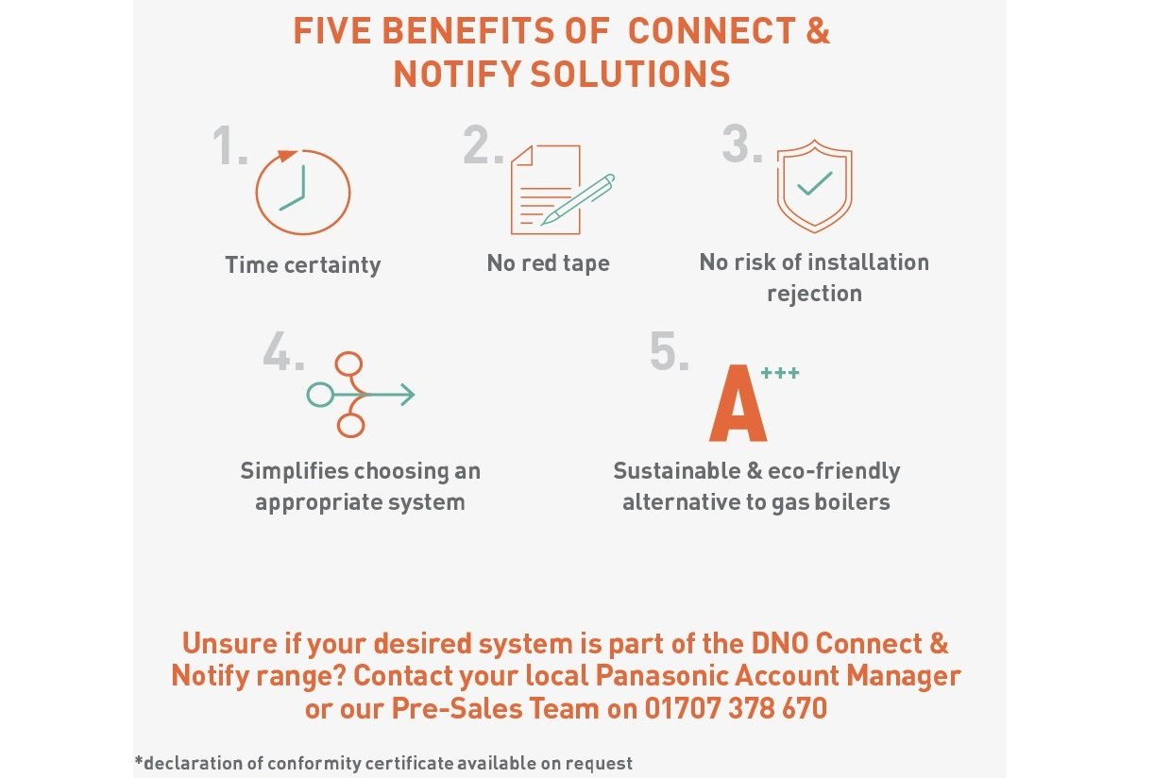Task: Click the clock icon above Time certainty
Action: (x=303, y=192)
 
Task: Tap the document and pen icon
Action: (x=557, y=190)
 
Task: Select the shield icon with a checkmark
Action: (x=814, y=188)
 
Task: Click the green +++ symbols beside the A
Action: (x=781, y=374)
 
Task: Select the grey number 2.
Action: (x=483, y=147)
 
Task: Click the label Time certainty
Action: (x=303, y=265)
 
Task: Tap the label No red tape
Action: (x=549, y=263)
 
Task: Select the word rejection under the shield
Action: (x=814, y=294)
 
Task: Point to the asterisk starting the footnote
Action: (x=138, y=761)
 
